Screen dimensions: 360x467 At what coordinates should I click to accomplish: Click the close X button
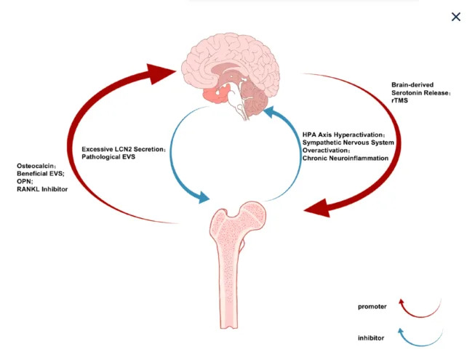455,17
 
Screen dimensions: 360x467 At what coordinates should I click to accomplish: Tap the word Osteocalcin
38,166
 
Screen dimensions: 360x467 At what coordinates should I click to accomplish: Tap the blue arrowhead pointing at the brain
270,113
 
